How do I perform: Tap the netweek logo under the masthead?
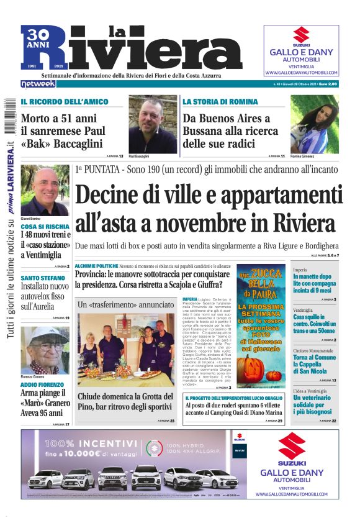(x=38, y=84)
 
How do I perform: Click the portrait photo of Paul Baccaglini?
(x=152, y=124)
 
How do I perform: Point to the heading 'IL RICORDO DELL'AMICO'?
(x=64, y=101)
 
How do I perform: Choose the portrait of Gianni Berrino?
(x=45, y=190)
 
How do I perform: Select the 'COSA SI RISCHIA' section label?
(x=45, y=227)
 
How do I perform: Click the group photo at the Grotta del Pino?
(x=126, y=350)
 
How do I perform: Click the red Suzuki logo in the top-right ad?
(x=301, y=35)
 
